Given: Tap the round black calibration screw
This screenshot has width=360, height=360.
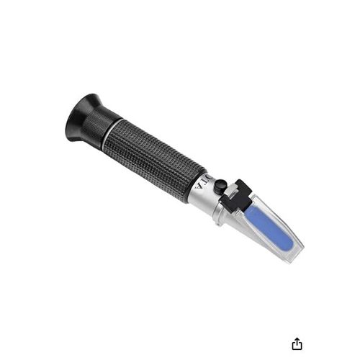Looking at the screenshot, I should [220, 186].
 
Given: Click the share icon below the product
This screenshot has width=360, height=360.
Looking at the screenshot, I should [297, 343].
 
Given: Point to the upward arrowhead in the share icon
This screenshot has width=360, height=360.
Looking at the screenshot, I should [297, 338].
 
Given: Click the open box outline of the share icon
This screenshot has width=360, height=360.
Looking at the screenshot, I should [297, 346].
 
